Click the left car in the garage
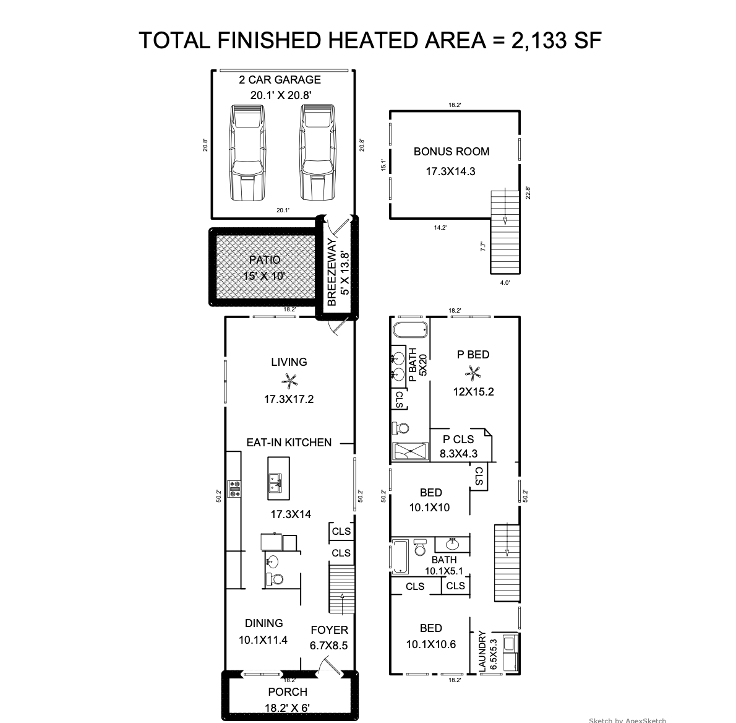[247, 152]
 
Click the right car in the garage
[318, 152]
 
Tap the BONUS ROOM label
[451, 152]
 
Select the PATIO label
[265, 260]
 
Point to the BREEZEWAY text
[332, 272]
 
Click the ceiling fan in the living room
[289, 380]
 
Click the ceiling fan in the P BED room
[472, 374]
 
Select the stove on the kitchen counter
[234, 488]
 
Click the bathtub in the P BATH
[410, 330]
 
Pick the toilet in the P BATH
[400, 428]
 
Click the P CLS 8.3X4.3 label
[458, 446]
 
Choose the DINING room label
[264, 623]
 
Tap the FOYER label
[330, 630]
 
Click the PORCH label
[288, 692]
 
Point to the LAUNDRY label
[482, 651]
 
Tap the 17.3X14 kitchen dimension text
[291, 514]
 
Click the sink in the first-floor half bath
[272, 561]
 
